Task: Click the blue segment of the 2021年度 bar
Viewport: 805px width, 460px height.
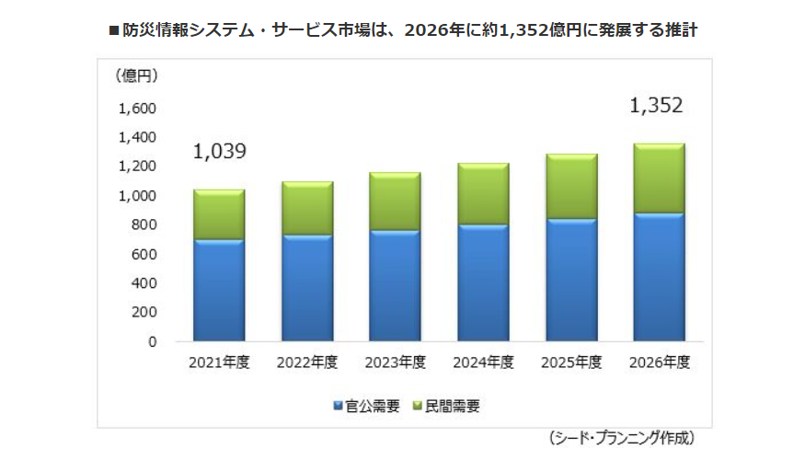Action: pos(219,290)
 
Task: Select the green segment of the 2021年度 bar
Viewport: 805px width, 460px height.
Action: pos(219,214)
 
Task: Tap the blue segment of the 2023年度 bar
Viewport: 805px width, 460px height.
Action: pos(395,285)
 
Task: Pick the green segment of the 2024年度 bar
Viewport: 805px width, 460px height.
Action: pos(483,194)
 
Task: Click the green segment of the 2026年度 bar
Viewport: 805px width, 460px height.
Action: pos(659,178)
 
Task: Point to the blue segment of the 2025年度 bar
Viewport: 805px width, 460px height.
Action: pos(570,280)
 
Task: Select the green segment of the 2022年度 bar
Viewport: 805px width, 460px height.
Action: pos(306,208)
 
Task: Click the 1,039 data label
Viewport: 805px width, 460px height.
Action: pos(219,152)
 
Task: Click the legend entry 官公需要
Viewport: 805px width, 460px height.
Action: pos(365,406)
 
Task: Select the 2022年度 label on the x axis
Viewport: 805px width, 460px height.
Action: pos(306,362)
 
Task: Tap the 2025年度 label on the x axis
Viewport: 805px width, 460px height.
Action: pos(570,362)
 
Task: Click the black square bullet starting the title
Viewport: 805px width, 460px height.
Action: pos(114,30)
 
